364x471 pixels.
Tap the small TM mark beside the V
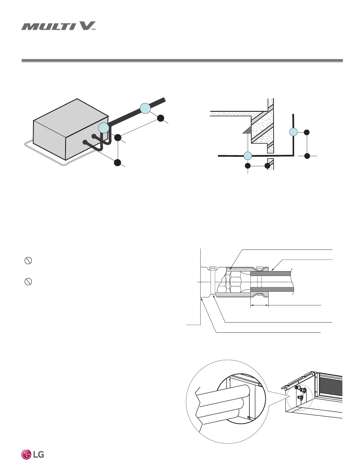93,29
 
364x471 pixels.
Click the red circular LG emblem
26,455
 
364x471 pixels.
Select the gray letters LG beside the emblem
38,455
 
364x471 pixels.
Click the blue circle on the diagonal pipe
145,108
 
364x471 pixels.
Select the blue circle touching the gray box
104,128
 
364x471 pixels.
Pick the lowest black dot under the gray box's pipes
118,162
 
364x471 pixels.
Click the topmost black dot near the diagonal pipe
161,118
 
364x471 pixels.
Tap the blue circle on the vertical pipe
294,132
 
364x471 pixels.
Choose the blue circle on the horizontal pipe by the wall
248,156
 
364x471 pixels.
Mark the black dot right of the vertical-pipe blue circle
307,132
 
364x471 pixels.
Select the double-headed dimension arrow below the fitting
259,305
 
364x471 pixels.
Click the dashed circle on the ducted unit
299,397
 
